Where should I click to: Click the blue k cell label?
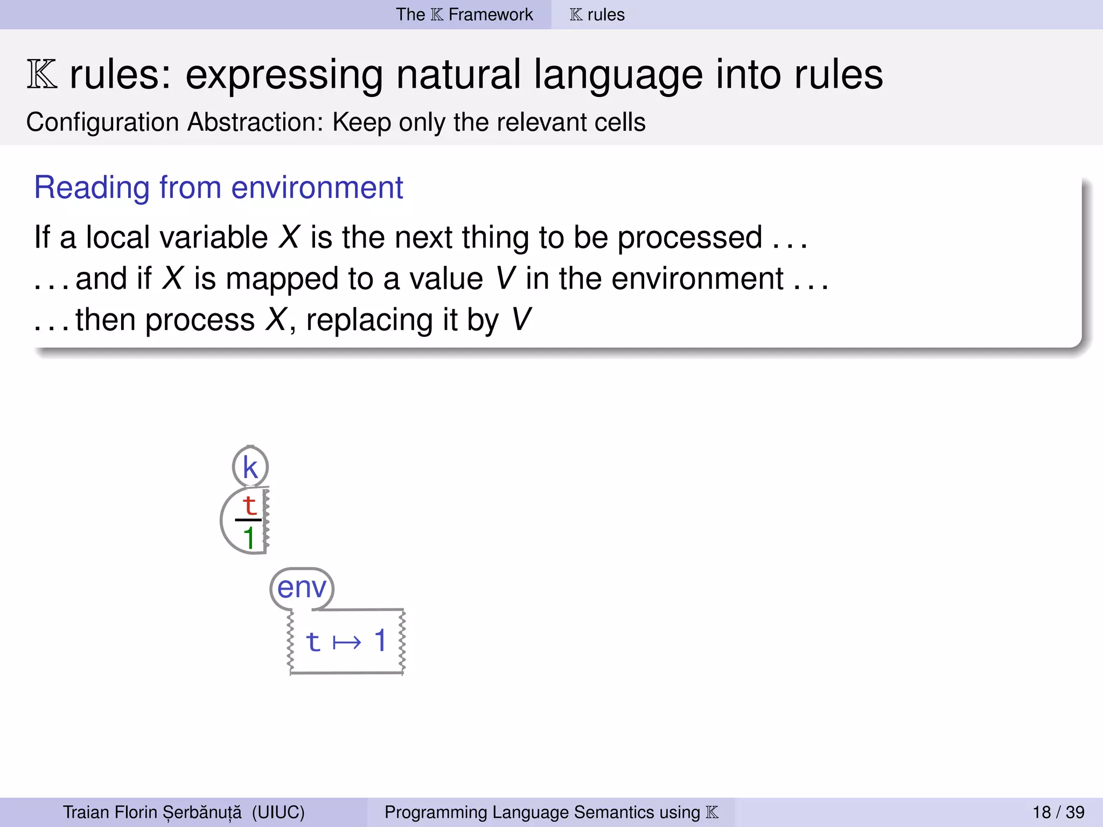click(x=250, y=467)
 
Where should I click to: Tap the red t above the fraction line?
click(x=249, y=505)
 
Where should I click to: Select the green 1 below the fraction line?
click(x=249, y=538)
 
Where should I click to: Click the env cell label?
click(x=302, y=587)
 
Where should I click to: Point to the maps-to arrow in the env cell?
click(x=347, y=642)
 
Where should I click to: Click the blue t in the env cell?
click(x=313, y=642)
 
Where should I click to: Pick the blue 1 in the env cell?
click(x=380, y=641)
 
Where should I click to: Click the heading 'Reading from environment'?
click(x=218, y=187)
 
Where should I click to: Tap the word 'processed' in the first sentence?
click(x=689, y=237)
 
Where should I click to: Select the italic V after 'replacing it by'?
click(x=521, y=319)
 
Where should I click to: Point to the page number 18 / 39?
click(x=1058, y=812)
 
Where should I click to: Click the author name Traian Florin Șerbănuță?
click(x=152, y=812)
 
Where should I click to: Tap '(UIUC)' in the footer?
click(x=278, y=812)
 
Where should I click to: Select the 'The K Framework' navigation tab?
click(x=464, y=15)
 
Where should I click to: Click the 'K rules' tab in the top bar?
click(x=597, y=15)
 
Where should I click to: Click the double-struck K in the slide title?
click(x=41, y=75)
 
